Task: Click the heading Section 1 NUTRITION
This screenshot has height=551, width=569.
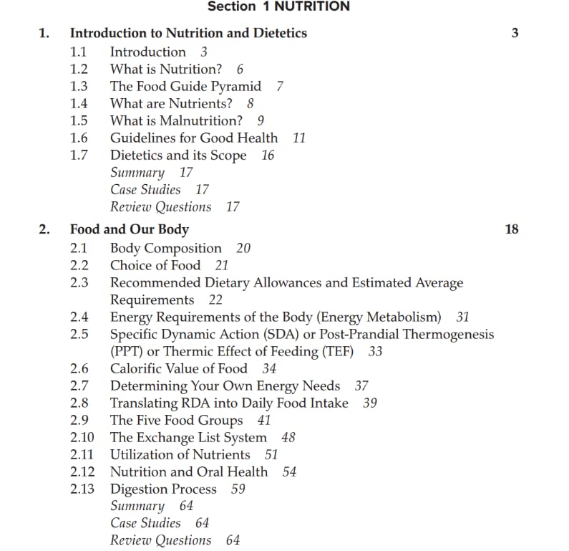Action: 278,6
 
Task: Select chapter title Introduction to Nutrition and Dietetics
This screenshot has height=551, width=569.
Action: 188,33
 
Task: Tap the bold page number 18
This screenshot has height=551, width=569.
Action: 511,229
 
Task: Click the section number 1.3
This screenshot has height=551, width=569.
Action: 79,86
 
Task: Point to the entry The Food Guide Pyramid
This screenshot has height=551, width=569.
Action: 185,86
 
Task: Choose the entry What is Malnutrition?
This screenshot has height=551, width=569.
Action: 176,120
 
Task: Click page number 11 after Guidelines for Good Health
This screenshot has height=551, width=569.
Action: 299,138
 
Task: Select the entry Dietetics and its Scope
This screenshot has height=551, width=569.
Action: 177,155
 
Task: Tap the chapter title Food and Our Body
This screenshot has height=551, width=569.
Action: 129,229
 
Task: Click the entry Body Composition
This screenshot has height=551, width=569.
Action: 165,248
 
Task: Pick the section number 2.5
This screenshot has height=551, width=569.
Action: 79,334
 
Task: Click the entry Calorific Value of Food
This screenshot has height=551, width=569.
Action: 178,368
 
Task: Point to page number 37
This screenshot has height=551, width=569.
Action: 361,385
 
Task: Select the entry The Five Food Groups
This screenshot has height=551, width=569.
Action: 176,420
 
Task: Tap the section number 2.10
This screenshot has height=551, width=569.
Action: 82,437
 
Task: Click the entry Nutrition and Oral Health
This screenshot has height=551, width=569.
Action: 188,471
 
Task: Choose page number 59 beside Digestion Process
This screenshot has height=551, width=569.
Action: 238,489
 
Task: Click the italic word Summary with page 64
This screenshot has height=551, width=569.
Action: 137,506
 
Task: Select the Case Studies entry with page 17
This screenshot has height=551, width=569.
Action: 145,189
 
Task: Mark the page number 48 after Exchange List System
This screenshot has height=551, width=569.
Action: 288,437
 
